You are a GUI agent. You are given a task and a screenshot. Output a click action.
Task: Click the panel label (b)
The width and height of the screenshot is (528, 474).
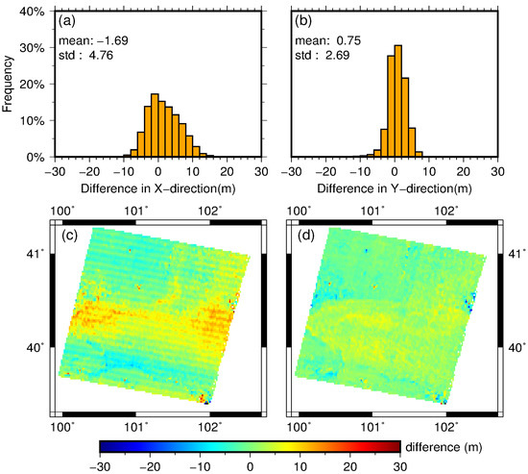309,21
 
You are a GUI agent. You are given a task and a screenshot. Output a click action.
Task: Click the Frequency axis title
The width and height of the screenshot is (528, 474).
9,84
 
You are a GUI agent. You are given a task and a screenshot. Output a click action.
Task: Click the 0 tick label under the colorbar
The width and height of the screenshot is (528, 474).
250,466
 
